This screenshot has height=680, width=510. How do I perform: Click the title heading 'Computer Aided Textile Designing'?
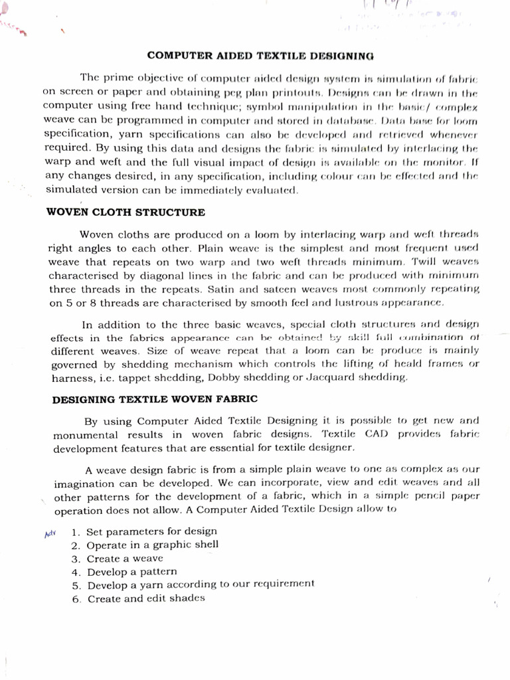click(260, 56)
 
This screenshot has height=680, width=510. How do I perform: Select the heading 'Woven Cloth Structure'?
click(126, 212)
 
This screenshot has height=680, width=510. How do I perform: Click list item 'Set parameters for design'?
click(152, 531)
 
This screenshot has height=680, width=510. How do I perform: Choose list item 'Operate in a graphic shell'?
click(153, 545)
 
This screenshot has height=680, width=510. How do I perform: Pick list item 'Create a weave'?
click(125, 558)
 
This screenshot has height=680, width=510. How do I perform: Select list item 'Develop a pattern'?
click(132, 572)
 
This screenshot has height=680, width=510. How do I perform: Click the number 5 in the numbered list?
click(76, 585)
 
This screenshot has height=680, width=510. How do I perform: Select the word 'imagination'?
click(82, 483)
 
